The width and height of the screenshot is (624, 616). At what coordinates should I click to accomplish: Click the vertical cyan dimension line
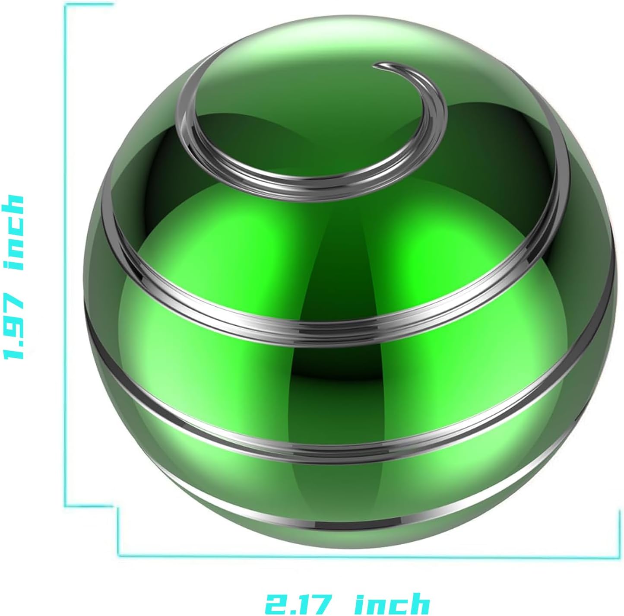point(66,259)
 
